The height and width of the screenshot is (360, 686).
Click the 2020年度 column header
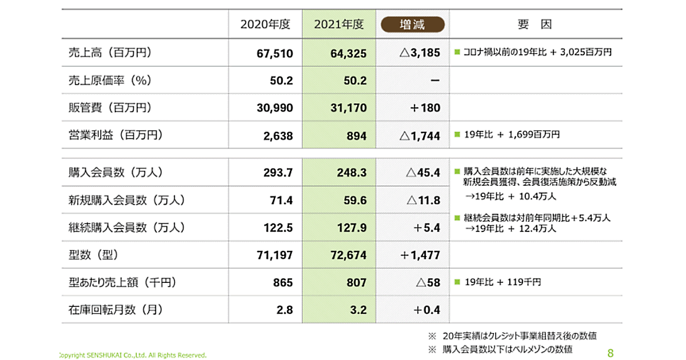265,25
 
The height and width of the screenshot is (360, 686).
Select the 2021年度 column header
339,25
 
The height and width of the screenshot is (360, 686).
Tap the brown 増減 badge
412,25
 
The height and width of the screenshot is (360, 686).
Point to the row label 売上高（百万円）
109,53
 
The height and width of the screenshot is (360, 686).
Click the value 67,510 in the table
275,53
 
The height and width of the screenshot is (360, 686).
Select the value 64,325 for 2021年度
348,53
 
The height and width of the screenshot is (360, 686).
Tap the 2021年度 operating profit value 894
357,136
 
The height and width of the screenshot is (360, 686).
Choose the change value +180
424,108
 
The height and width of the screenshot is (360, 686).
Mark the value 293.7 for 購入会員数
278,172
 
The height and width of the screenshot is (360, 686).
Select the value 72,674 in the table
348,255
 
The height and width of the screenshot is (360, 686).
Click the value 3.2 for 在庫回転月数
358,310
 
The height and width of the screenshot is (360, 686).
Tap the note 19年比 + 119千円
502,282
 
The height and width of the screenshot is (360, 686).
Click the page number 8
611,353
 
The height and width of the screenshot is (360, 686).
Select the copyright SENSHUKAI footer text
133,355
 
